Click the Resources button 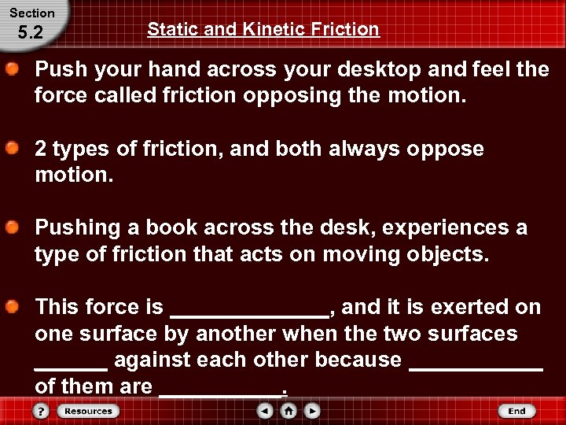pos(87,411)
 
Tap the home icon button pos(289,411)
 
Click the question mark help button pos(42,411)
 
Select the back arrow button pos(266,411)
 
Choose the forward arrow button pos(312,411)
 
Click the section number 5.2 pos(29,34)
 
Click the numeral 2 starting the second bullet pos(42,149)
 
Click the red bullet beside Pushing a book pos(13,227)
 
